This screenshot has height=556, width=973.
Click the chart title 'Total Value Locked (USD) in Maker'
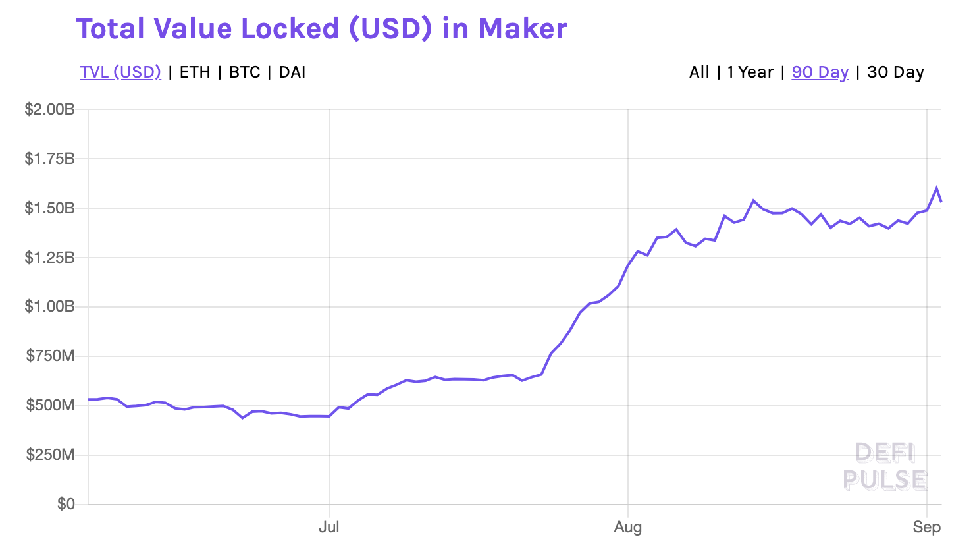(x=321, y=29)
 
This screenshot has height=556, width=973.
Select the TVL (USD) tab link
(x=120, y=72)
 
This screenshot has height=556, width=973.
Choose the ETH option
(x=195, y=72)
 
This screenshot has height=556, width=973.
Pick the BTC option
(x=245, y=72)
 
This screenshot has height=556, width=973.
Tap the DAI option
(x=292, y=72)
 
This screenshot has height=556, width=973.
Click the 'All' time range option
(x=699, y=72)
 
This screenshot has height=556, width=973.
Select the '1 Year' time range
(x=750, y=72)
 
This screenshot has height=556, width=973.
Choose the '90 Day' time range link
(x=820, y=72)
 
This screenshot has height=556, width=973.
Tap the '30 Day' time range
(x=896, y=72)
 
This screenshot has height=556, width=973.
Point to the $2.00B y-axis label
(x=49, y=109)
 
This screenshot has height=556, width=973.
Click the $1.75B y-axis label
(x=49, y=159)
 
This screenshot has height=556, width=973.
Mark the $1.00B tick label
(x=49, y=307)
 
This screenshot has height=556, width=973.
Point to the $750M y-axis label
(x=51, y=356)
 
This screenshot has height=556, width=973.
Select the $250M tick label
(x=51, y=455)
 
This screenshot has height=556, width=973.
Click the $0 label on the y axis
(x=66, y=504)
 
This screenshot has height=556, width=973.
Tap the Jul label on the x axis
(x=329, y=527)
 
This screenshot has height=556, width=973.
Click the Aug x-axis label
(x=627, y=527)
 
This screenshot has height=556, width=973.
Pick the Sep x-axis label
(x=926, y=527)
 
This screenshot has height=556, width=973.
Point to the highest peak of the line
(x=937, y=188)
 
